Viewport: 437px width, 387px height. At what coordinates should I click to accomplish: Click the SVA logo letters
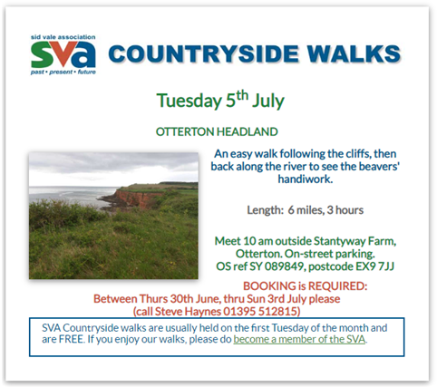click(63, 54)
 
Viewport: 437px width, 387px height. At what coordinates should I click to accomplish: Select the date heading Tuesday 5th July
click(220, 100)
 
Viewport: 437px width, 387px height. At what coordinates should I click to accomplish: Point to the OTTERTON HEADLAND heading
click(217, 131)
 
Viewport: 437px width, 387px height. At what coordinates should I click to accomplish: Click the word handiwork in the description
click(304, 179)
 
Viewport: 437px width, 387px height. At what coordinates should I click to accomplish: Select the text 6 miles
click(306, 210)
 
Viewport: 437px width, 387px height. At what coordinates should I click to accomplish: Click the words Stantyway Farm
click(354, 241)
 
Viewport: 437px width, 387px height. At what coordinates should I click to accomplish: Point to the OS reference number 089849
click(284, 266)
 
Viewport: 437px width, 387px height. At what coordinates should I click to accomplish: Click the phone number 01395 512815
click(260, 311)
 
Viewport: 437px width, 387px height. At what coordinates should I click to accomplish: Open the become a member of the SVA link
click(299, 339)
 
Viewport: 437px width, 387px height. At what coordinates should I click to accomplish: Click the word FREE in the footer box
click(71, 339)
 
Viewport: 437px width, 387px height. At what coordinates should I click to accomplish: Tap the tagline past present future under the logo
click(63, 73)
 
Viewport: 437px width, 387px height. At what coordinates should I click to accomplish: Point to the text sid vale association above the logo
click(63, 37)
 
